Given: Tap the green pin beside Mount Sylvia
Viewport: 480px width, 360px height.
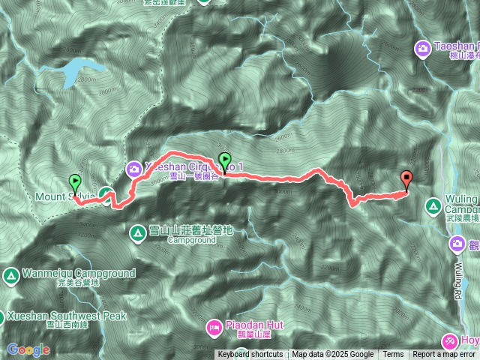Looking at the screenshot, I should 75,183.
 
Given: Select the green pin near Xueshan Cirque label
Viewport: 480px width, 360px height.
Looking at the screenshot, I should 224,160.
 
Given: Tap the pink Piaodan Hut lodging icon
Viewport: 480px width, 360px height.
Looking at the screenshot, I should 214,327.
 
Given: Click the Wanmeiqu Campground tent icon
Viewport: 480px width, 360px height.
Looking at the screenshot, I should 11,274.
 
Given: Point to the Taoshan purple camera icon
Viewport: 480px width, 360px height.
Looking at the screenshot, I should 422,49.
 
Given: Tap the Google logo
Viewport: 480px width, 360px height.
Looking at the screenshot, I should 28,349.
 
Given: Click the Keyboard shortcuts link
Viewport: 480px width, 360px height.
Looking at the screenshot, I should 250,355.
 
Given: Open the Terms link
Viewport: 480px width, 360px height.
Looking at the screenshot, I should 393,355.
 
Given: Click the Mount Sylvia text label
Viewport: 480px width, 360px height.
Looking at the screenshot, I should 64,197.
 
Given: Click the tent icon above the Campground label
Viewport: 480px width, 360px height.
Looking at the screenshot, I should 138,232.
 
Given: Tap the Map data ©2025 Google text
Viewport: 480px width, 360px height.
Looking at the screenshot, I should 333,355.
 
